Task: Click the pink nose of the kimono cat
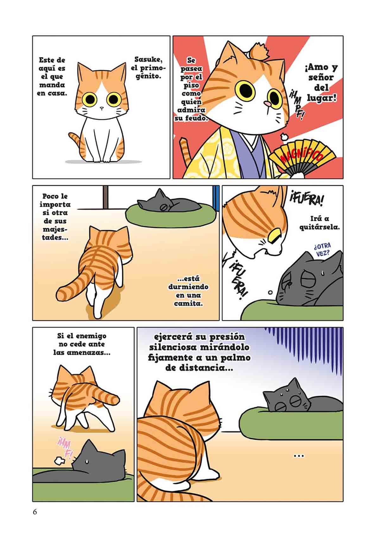pos(267,103)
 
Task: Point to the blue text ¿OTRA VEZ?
pos(322,250)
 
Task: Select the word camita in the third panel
pos(188,304)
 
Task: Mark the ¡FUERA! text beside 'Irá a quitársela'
pos(306,199)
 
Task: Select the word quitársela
pos(320,227)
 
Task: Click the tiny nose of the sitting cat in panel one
pos(101,108)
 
